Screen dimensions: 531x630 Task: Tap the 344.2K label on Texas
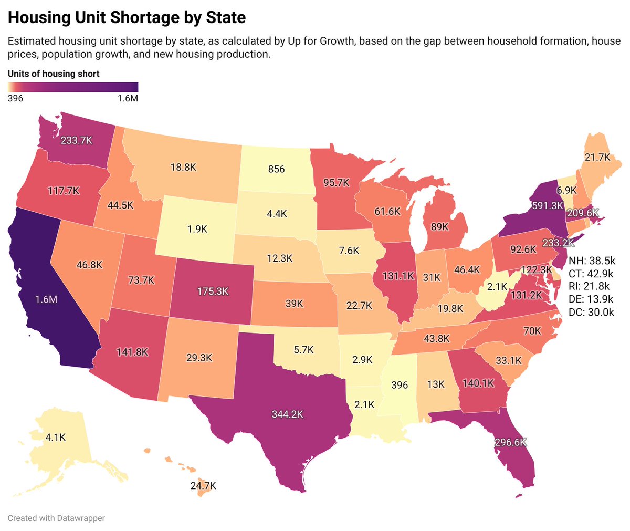tap(287, 414)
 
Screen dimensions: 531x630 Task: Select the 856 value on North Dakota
tap(276, 169)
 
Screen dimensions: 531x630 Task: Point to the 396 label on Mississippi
tap(400, 385)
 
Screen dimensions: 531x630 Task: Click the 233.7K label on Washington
tap(77, 141)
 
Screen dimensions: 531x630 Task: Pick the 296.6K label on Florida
tap(510, 442)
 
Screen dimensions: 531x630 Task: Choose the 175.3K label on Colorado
tap(213, 291)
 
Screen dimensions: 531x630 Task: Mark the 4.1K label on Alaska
tap(56, 436)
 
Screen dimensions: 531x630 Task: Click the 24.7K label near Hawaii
tap(203, 486)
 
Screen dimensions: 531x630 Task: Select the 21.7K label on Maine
tap(597, 157)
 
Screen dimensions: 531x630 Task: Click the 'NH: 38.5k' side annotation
tap(592, 261)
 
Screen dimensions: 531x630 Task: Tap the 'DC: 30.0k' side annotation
tap(591, 312)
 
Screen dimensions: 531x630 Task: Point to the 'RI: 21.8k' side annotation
tap(590, 286)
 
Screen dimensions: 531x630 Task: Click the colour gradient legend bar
tap(72, 87)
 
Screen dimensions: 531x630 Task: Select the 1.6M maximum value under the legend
tap(128, 98)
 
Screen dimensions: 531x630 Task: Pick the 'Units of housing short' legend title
tap(54, 74)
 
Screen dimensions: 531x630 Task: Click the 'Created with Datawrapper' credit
tap(56, 518)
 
